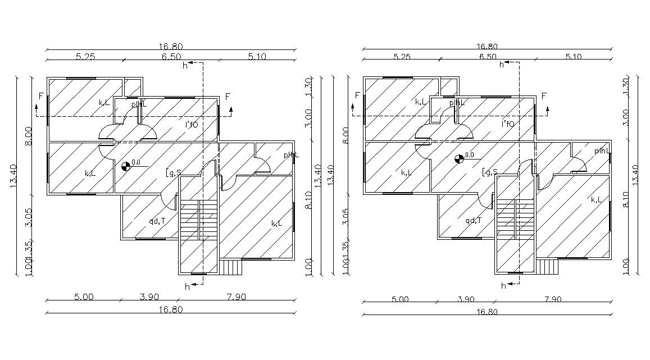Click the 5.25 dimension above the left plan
pyautogui.click(x=86, y=56)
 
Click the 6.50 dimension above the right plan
pyautogui.click(x=487, y=56)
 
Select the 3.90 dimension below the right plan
pyautogui.click(x=466, y=299)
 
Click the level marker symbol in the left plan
pyautogui.click(x=126, y=165)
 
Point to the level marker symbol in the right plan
pyautogui.click(x=460, y=158)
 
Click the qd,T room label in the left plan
pyautogui.click(x=157, y=221)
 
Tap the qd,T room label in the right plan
pyautogui.click(x=473, y=220)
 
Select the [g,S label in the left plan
pyautogui.click(x=173, y=172)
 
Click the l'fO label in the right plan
pyautogui.click(x=508, y=124)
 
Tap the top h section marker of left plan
pyautogui.click(x=185, y=65)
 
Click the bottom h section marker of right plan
pyautogui.click(x=503, y=286)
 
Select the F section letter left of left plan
pyautogui.click(x=40, y=96)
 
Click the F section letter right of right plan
pyautogui.click(x=544, y=95)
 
